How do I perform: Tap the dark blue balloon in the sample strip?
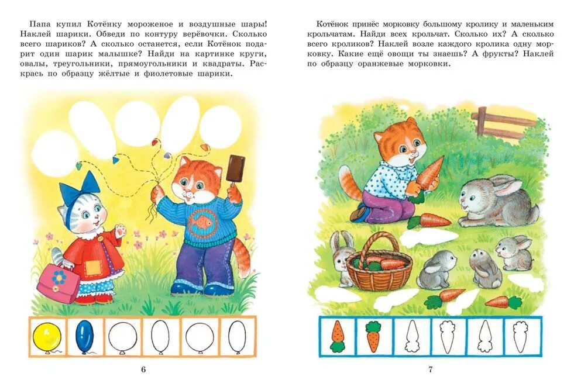coord(84,335)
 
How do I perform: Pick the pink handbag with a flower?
coord(59,282)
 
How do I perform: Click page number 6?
coord(143,369)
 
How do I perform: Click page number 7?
coord(431,369)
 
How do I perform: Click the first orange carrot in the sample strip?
coord(337,337)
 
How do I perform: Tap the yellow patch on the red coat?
coord(93,267)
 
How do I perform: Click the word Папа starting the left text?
coord(39,23)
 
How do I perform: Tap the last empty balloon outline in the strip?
coord(236,336)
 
